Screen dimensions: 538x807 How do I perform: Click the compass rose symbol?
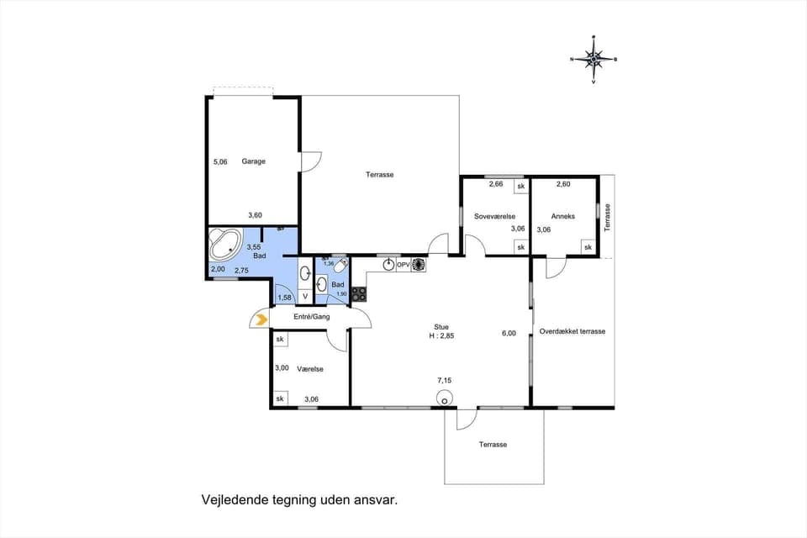(593, 59)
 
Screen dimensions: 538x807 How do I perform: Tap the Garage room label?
(253, 161)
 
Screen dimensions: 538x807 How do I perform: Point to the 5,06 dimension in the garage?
(220, 161)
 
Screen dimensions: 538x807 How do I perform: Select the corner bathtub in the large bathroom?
(225, 246)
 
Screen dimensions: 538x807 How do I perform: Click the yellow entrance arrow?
(261, 319)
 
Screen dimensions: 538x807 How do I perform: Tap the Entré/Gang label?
(311, 317)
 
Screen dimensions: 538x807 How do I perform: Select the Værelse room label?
(310, 369)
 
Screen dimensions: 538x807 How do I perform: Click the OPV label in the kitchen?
(403, 265)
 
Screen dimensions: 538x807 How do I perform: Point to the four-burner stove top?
(359, 293)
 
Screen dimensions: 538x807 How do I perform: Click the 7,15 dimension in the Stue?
(444, 381)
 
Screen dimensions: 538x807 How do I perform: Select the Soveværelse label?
(494, 216)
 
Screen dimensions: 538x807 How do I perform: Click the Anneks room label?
(563, 216)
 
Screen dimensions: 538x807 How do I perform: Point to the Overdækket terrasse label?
(572, 331)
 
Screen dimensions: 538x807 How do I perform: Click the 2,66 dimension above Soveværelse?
(496, 184)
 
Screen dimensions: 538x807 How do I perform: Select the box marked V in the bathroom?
(304, 296)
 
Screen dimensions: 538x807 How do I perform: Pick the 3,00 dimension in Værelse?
(282, 367)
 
